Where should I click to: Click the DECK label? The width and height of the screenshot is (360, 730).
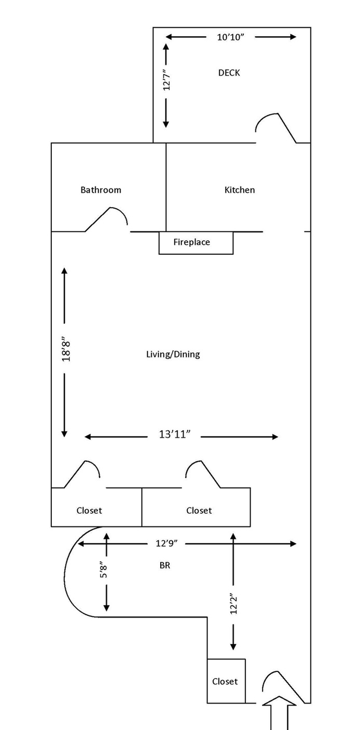[x=229, y=73]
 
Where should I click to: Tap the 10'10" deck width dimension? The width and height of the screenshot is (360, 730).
[x=230, y=37]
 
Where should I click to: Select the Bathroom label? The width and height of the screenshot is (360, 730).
[x=101, y=190]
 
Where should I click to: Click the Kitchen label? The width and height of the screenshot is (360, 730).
[x=239, y=190]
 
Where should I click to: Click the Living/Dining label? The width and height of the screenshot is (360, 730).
[x=173, y=354]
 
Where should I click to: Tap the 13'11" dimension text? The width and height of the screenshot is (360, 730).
[x=175, y=434]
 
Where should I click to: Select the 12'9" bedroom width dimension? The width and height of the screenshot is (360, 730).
[x=167, y=543]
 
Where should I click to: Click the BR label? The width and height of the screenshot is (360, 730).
[x=164, y=566]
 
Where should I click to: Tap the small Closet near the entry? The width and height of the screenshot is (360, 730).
[x=226, y=681]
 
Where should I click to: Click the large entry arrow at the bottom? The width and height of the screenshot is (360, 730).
[x=279, y=713]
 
